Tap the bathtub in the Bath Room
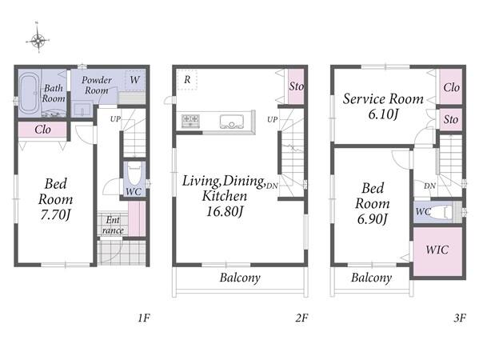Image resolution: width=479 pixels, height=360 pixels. click(29, 94)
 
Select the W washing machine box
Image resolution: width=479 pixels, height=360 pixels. click(134, 80)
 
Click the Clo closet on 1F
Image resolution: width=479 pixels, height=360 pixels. click(42, 130)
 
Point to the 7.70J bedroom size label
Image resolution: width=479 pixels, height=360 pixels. click(55, 215)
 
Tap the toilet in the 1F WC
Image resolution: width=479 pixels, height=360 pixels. click(134, 175)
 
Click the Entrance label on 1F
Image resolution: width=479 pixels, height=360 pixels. click(113, 225)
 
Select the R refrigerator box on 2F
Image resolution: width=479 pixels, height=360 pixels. click(187, 80)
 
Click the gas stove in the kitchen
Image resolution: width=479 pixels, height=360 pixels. click(190, 121)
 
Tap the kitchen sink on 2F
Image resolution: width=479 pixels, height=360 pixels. click(232, 122)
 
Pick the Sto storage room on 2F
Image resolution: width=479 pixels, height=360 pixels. click(296, 86)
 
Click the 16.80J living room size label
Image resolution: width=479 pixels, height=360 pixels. click(225, 211)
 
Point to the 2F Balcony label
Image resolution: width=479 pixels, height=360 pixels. click(240, 278)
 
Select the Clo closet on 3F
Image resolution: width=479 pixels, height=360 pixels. click(451, 86)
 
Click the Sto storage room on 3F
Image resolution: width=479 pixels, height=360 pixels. click(451, 119)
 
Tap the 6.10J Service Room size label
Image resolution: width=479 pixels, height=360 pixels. click(383, 114)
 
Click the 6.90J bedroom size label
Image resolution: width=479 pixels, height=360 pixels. click(373, 219)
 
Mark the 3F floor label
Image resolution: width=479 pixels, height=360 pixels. click(460, 318)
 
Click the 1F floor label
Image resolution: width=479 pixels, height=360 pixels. click(144, 318)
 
